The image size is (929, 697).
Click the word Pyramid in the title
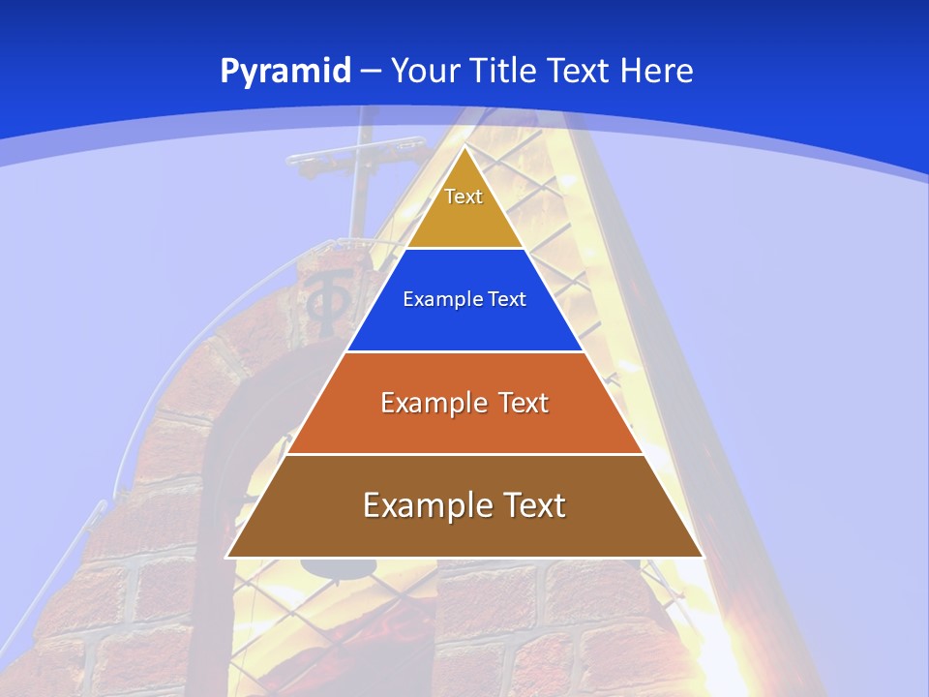coord(285,71)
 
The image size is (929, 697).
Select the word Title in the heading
coord(504,71)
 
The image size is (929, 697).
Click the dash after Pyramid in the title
coord(371,72)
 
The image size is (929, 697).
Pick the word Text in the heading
coord(580,71)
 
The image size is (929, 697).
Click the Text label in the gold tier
coord(464,197)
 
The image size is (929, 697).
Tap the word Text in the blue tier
coord(508,299)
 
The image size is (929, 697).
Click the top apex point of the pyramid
coord(464,147)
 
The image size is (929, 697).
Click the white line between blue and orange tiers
coord(464,351)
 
